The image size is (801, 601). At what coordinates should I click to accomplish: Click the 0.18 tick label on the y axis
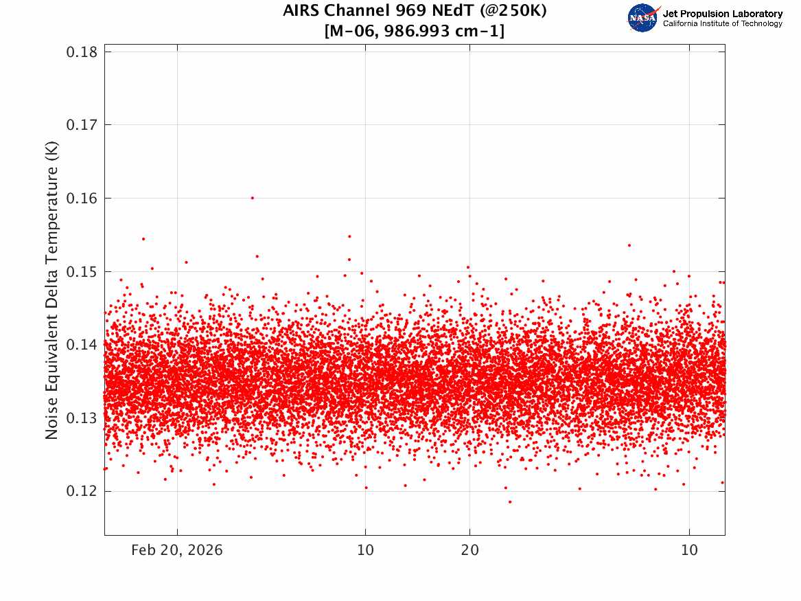[82, 52]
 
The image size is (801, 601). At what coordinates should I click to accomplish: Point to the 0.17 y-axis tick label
[82, 125]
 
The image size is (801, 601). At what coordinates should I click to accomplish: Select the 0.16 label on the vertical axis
[82, 199]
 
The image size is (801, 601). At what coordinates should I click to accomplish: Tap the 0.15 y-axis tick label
[82, 272]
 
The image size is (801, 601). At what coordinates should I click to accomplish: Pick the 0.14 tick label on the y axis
[82, 345]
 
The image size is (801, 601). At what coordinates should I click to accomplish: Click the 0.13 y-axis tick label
[82, 418]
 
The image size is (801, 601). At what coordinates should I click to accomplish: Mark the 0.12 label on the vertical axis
[82, 492]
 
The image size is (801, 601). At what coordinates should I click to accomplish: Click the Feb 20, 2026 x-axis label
[177, 550]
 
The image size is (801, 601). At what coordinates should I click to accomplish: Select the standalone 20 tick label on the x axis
[470, 550]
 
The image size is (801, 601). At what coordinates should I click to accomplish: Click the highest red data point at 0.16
[253, 198]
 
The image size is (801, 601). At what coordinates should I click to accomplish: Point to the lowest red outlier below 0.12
[510, 502]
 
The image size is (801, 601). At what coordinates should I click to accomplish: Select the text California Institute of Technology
[723, 23]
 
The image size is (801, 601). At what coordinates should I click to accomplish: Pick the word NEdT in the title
[452, 10]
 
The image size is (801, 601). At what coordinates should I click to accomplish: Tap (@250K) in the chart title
[513, 11]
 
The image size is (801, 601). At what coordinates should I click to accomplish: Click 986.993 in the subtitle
[417, 31]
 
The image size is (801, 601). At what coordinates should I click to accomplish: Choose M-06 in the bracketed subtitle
[352, 31]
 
